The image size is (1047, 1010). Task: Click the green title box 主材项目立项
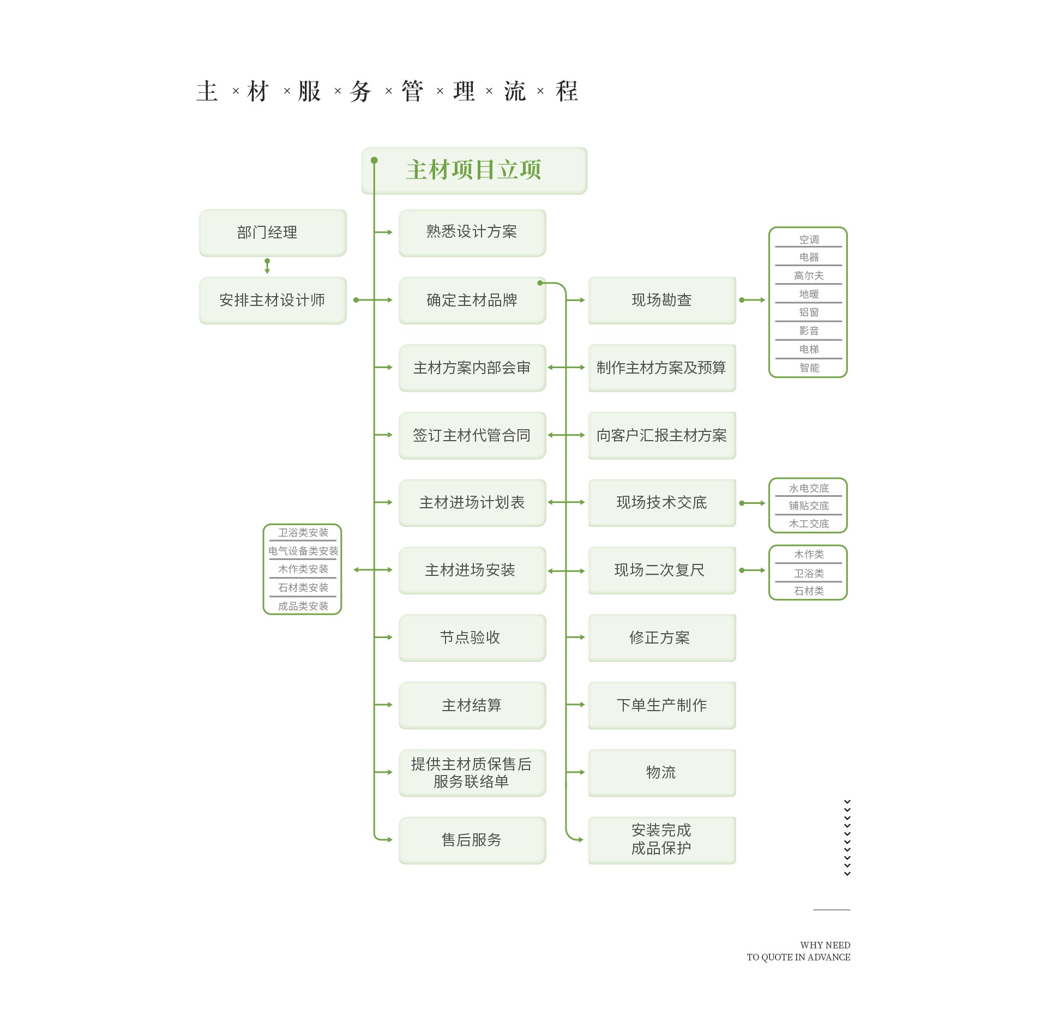[474, 170]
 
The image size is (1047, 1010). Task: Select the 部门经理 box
[273, 232]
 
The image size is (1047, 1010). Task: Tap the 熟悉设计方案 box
[472, 232]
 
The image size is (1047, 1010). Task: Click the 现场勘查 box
[661, 300]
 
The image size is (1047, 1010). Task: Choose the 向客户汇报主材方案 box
[661, 435]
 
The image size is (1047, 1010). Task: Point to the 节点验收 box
[472, 638]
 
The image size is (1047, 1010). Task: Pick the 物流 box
[661, 772]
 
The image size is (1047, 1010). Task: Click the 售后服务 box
[472, 840]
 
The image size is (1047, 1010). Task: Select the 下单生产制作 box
[661, 705]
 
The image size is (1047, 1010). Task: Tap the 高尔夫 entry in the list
[808, 276]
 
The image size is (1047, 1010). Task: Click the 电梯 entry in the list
[808, 349]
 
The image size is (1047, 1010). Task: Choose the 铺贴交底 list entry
[808, 506]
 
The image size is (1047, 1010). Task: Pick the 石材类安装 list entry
[303, 588]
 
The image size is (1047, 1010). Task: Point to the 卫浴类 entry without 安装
[808, 574]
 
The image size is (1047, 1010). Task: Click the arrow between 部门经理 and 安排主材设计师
[267, 266]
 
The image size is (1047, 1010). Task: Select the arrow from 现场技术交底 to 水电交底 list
[753, 503]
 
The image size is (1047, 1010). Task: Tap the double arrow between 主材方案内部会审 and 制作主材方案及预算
[567, 368]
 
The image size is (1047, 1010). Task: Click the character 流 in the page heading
[515, 91]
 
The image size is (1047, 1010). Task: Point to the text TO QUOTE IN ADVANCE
[798, 957]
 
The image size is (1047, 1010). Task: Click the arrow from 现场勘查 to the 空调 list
[753, 300]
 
